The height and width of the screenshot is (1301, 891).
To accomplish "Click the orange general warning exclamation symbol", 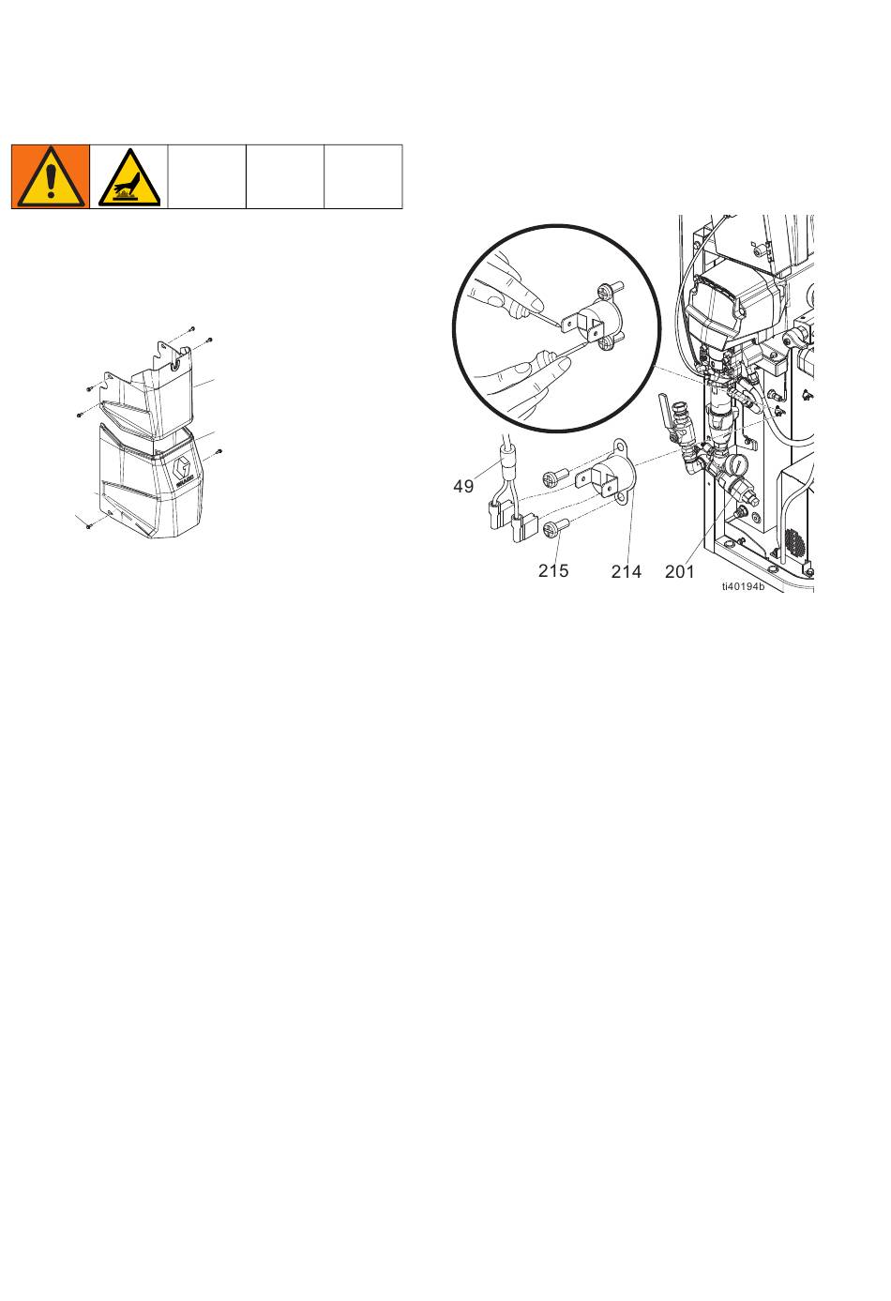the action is tap(51, 176).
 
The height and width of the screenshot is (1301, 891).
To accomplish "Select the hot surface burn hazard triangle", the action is tap(128, 177).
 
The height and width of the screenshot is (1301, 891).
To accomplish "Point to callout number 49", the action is tap(463, 486).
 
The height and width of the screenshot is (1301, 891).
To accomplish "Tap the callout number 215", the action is tap(553, 570).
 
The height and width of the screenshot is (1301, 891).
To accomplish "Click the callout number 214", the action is tap(627, 571).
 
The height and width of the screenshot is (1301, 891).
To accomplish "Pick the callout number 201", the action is tap(680, 571).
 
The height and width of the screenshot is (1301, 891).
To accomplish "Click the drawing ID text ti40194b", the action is tap(744, 586).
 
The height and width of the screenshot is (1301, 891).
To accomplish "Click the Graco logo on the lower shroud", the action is tap(184, 470).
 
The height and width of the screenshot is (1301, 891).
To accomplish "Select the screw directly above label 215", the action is tap(553, 529).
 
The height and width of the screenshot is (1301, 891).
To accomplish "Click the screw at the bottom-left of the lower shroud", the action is tap(89, 525).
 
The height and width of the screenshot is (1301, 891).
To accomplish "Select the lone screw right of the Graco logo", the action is tap(219, 450).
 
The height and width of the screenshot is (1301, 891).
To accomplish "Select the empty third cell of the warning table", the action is tap(206, 176).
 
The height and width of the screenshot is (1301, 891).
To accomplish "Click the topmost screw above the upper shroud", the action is tap(192, 328).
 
